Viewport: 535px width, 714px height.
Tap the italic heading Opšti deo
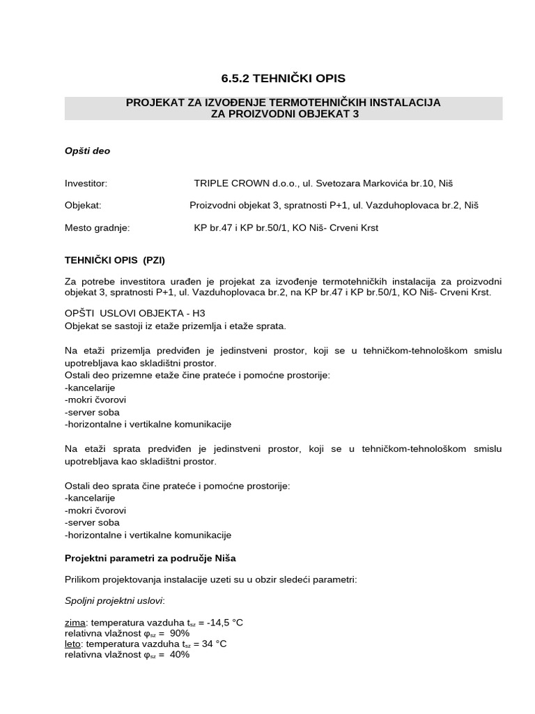(87, 150)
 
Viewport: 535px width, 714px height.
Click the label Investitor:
(86, 183)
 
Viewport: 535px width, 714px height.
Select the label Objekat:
(83, 206)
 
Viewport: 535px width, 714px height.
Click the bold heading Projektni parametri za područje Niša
(155, 559)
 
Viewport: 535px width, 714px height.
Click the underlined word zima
(75, 623)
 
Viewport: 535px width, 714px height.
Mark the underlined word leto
(74, 644)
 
